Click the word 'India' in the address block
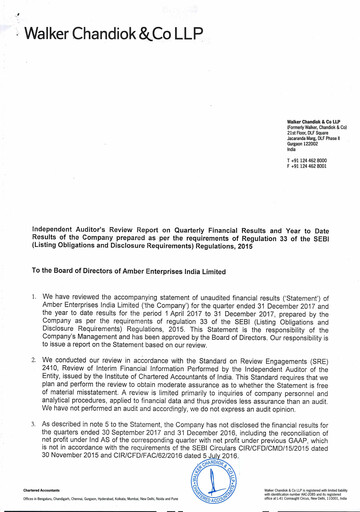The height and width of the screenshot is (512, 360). pyautogui.click(x=292, y=149)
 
